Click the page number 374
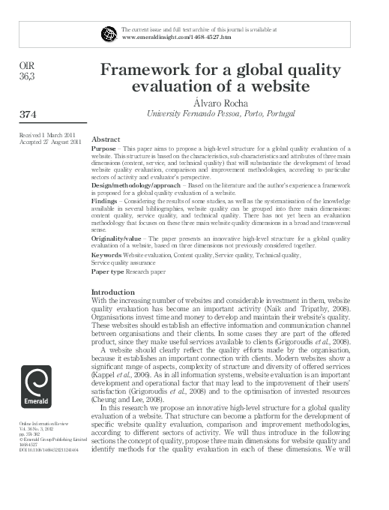pyautogui.click(x=28, y=114)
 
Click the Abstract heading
pyautogui.click(x=106, y=139)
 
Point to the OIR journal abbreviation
pyautogui.click(x=25, y=66)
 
